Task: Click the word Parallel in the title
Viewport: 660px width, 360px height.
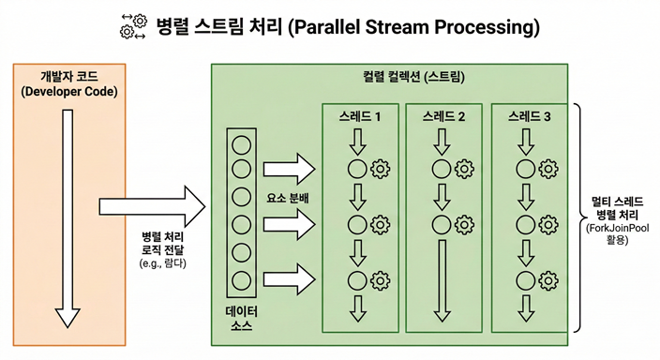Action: [332, 27]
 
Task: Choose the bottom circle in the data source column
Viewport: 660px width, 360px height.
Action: [240, 278]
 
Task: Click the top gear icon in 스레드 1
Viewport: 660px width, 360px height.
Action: [380, 170]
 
